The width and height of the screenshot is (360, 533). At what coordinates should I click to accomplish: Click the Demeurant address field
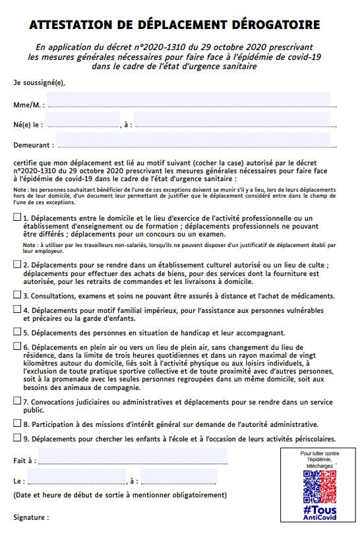(193, 140)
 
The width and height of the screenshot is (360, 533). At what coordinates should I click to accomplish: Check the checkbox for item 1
(16, 217)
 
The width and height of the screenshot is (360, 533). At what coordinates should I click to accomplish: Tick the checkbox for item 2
(16, 264)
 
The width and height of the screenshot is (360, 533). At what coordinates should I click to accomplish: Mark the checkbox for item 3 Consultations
(16, 295)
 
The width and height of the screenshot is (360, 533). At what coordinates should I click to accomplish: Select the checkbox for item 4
(16, 309)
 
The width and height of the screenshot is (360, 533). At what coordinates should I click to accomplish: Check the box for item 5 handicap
(16, 331)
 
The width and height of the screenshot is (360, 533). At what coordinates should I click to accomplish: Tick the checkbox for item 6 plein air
(16, 345)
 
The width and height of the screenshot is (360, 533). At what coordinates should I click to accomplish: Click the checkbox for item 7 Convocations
(16, 399)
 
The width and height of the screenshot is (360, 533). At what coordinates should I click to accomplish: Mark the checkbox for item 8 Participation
(16, 423)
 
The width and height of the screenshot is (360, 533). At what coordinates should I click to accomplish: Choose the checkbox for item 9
(16, 437)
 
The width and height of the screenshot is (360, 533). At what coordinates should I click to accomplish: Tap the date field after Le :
(76, 476)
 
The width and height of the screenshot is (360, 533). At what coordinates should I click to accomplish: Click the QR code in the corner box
(319, 486)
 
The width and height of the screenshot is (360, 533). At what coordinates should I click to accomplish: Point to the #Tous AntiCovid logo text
(319, 513)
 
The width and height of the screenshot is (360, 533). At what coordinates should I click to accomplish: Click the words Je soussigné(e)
(39, 83)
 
